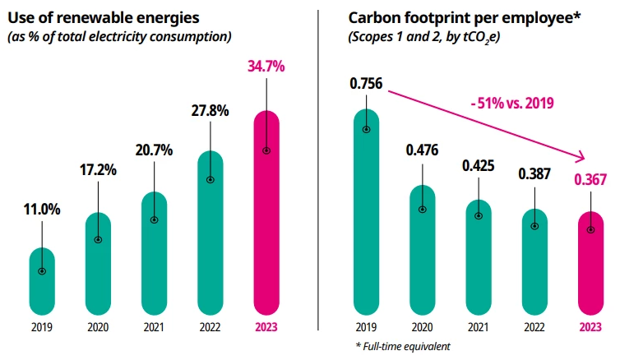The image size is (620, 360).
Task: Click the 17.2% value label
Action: tap(98, 171)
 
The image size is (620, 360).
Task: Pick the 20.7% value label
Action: tap(154, 150)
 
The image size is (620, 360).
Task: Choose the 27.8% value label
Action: tap(210, 111)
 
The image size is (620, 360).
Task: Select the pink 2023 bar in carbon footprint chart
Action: tap(590, 263)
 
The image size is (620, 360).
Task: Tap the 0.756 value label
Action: tap(366, 83)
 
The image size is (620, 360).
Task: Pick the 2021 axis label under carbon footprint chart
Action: tap(479, 326)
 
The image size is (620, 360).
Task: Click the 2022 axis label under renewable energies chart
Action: tap(210, 326)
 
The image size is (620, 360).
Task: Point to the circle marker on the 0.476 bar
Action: tap(423, 209)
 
